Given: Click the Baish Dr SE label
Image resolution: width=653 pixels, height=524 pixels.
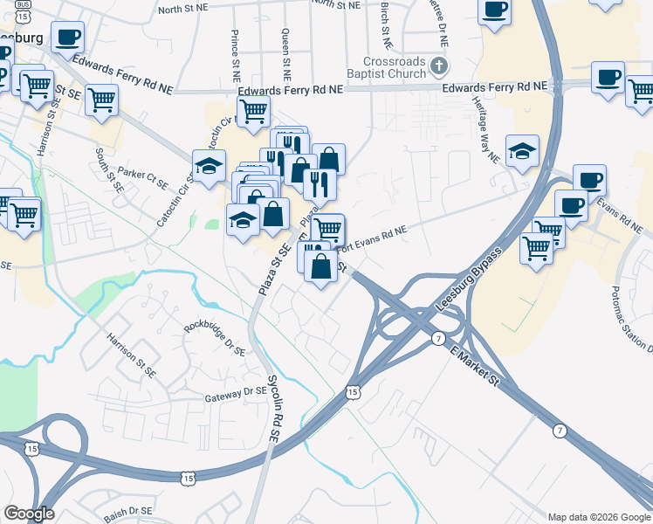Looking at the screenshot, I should pyautogui.click(x=127, y=514).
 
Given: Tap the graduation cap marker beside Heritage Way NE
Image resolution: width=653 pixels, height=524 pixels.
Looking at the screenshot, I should pyautogui.click(x=522, y=150).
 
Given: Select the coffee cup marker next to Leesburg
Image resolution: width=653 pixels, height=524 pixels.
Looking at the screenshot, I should pyautogui.click(x=68, y=37).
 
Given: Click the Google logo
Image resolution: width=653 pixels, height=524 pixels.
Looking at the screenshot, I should pyautogui.click(x=29, y=514).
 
